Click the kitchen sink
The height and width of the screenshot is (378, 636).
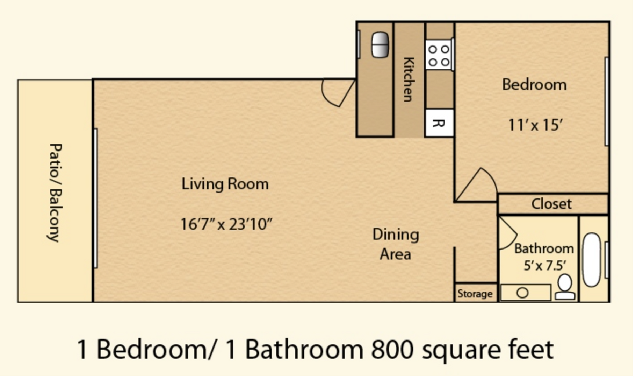380,45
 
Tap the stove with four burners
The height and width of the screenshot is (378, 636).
439,55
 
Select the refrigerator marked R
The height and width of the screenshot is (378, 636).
439,123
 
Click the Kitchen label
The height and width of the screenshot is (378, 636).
409,79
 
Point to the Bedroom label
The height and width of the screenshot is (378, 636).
534,85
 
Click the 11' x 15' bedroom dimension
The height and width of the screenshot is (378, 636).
535,125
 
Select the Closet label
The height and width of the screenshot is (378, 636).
551,204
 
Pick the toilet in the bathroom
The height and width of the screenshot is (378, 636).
565,287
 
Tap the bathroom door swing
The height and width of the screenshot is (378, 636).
507,233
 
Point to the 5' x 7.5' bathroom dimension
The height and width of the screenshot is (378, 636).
544,266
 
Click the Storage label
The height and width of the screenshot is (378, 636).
475,294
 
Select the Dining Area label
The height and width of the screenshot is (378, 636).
396,244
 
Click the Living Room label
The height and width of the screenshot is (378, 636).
225,184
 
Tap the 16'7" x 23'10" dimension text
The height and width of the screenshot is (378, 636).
226,224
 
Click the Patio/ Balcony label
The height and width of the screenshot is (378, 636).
55,192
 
